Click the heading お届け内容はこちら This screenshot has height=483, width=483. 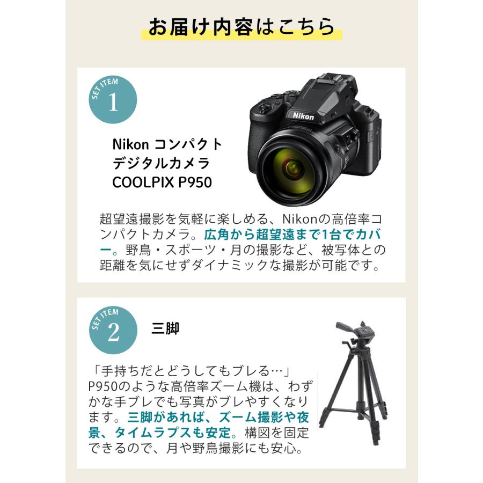point(241,27)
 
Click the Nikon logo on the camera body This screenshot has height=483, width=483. point(303,115)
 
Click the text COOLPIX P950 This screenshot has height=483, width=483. point(162,182)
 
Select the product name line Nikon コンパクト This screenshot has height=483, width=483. point(166,144)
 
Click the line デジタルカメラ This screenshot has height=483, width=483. point(160,163)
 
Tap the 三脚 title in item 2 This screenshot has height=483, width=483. point(165,328)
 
